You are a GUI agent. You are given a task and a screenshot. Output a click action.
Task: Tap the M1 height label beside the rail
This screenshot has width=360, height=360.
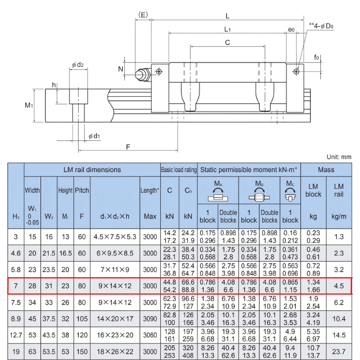29,105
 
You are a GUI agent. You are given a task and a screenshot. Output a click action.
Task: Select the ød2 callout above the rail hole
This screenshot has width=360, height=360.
78,65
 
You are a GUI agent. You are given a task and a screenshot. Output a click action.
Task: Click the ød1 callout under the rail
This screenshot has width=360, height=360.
94,136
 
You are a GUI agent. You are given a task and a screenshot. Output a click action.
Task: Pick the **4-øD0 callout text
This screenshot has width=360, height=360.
321,26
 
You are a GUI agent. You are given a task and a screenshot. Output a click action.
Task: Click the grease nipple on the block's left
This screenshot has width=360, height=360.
142,75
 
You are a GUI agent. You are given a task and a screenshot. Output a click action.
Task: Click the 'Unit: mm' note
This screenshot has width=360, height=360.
339,157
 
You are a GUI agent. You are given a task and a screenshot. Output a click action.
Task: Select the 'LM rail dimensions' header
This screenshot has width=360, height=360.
92,170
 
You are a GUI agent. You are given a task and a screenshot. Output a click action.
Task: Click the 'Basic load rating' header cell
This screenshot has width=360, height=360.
179,170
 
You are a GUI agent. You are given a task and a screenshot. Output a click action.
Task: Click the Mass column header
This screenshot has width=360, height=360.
326,170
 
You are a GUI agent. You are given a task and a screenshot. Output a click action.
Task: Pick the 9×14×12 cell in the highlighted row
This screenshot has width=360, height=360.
115,286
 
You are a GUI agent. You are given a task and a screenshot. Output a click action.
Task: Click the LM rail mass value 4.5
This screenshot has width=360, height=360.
339,286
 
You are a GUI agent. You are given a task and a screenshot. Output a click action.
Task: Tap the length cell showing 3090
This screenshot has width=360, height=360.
150,319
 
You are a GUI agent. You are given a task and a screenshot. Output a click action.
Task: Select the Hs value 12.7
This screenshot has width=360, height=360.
16,336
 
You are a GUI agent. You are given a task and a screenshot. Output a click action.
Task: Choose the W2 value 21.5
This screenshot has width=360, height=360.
49,253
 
